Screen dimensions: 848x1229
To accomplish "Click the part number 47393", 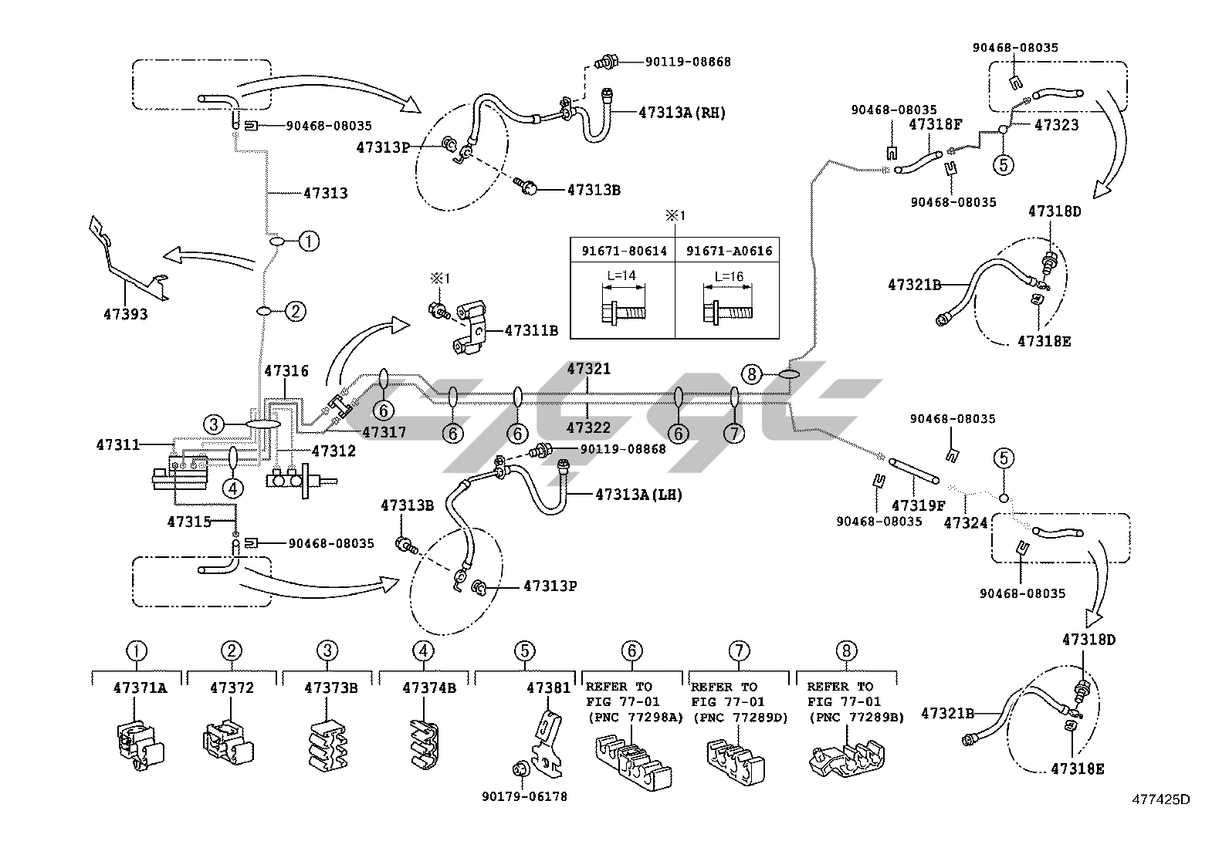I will point(125,314).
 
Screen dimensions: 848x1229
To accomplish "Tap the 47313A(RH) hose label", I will point(682,112).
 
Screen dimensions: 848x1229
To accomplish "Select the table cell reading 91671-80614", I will point(623,251).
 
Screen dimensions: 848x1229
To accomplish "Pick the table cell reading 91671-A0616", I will point(728,251).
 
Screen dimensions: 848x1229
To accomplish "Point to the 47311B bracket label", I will point(530,330).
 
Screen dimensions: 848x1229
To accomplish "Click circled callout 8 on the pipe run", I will point(752,375).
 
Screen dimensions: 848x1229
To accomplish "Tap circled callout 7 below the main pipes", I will point(733,434).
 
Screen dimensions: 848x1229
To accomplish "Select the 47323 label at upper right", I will point(1056,125).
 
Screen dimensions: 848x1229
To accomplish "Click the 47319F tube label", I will point(918,505).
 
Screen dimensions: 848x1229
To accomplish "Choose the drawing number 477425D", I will point(1162,799).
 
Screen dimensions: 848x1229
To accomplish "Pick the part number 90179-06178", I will point(524,796).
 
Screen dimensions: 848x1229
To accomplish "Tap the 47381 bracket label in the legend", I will point(549,687).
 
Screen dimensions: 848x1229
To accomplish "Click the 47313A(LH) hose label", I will point(638,494).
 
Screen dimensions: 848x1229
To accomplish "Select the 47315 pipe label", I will point(188,522).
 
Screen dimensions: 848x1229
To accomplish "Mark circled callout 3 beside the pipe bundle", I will point(215,424).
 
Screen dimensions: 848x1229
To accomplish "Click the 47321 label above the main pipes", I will point(588,369).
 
